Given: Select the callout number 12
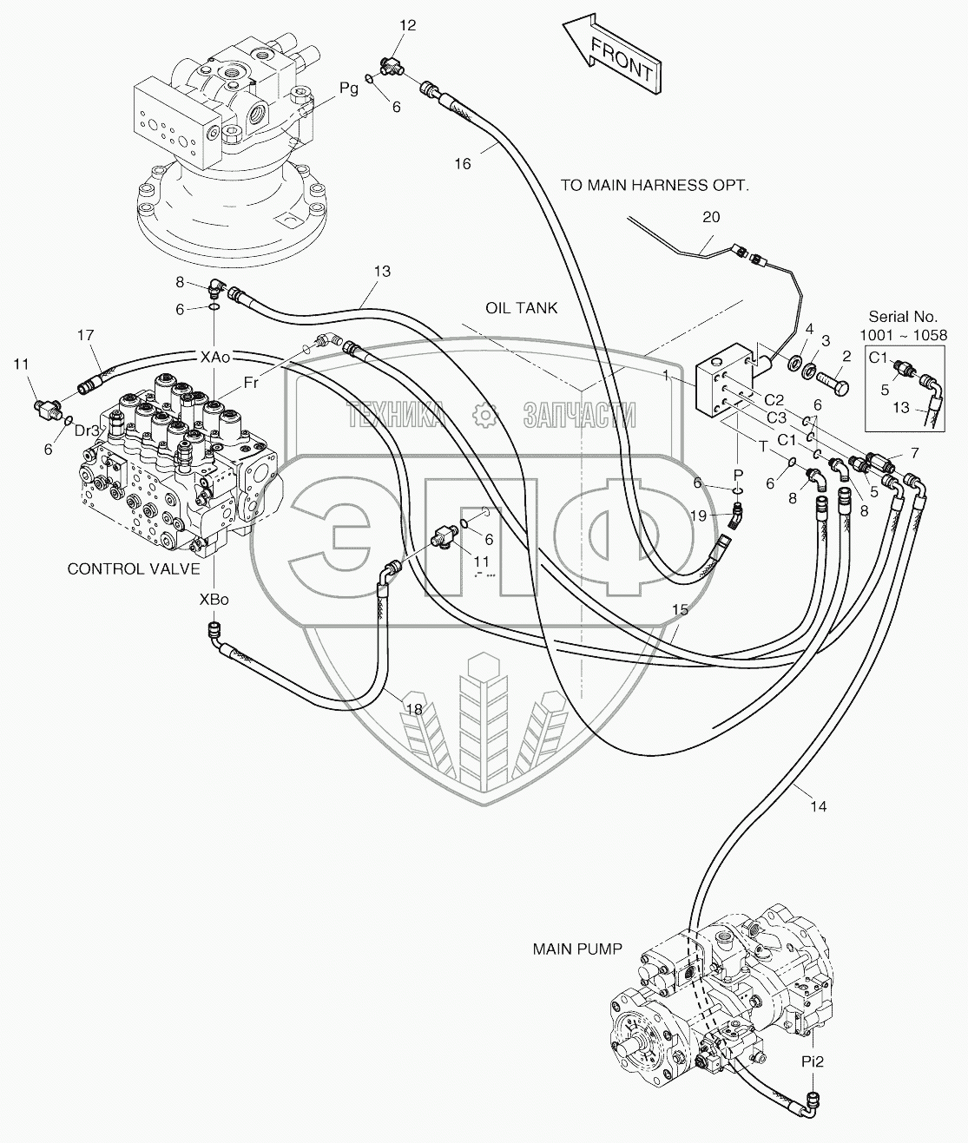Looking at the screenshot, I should tap(407, 26).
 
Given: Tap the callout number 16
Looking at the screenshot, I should tap(463, 163).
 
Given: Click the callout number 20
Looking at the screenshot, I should tap(711, 218).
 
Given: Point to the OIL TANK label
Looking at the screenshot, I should tap(521, 308).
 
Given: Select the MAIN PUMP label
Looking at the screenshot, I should tap(577, 949).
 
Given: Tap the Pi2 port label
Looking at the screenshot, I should tap(812, 1061).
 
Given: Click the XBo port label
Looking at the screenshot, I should tap(214, 600).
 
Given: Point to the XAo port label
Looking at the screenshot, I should tap(214, 356).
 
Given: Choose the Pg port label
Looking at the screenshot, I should tap(349, 89).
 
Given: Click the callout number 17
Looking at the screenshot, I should tap(85, 335).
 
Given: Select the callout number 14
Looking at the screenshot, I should tap(818, 806).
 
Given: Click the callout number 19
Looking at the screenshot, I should tap(699, 516).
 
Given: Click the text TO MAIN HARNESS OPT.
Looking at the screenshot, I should tap(654, 185).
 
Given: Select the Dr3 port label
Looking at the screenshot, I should tap(86, 430).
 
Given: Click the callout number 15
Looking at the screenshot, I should tap(681, 609).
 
